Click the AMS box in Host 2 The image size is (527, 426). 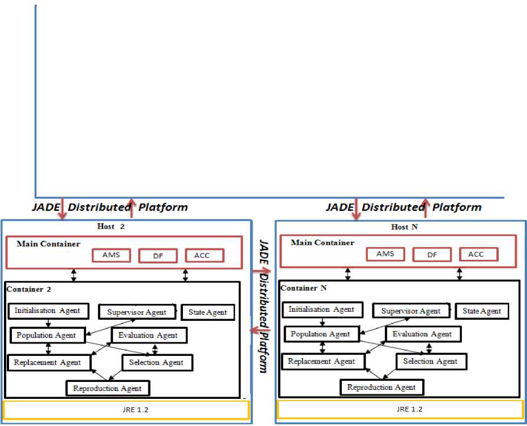pos(111,255)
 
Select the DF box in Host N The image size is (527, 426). pos(432,255)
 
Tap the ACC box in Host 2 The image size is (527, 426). pos(202,255)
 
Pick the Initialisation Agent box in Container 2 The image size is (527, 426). pos(48,311)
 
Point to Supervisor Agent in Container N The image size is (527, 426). pos(410,311)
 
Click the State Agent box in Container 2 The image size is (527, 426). pos(208,312)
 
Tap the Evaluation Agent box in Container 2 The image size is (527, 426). pos(148,335)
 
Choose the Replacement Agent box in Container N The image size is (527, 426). pos(322,362)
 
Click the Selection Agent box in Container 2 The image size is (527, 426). pos(156,362)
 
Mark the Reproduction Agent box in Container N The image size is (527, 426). pos(382,387)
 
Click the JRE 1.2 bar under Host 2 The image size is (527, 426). pos(126,410)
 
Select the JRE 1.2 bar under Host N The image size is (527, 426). pos(400,409)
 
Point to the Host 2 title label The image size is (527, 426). pos(110,227)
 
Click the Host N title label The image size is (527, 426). pos(400,227)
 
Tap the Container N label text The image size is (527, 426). pos(303,288)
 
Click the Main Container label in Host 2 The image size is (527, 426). pos(48,244)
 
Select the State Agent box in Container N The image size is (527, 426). pos(481,311)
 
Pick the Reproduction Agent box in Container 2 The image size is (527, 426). pos(108,388)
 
